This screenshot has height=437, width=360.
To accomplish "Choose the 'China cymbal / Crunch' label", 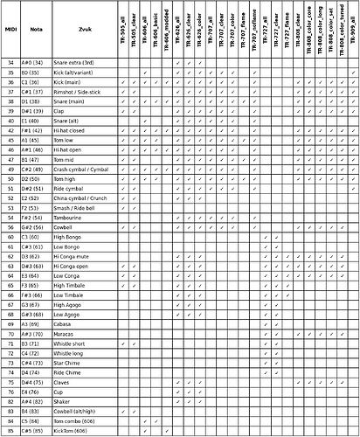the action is pyautogui.click(x=80, y=198).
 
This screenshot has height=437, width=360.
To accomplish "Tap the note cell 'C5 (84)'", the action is pyautogui.click(x=36, y=421).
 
